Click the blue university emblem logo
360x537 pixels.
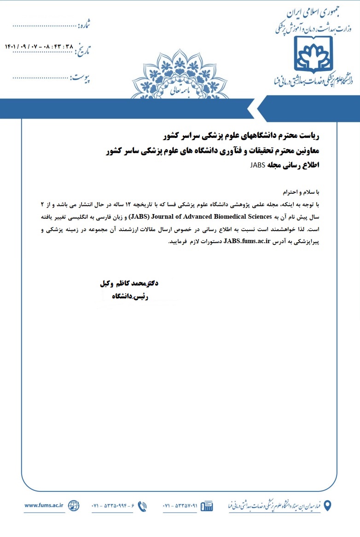click(314, 54)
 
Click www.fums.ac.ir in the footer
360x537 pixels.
click(44, 505)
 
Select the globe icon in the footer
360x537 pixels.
click(74, 505)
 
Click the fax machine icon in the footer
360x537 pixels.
click(207, 506)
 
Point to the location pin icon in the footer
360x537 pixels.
click(327, 505)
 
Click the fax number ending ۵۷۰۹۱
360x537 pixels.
click(180, 506)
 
